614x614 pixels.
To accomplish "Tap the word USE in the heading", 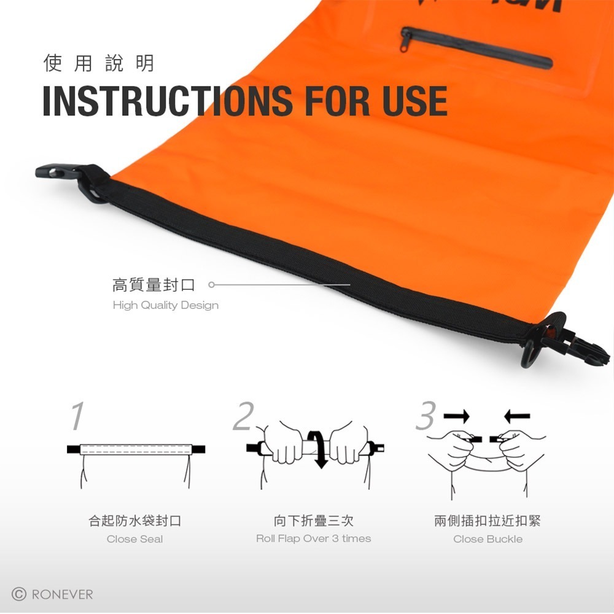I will click(x=414, y=101).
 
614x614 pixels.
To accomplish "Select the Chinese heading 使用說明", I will click(x=98, y=63).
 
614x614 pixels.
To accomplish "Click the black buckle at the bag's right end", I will click(x=568, y=344).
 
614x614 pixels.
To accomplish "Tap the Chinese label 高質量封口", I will click(x=153, y=285).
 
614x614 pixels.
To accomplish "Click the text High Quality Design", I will click(x=165, y=305).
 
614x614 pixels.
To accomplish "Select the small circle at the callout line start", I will click(x=211, y=285).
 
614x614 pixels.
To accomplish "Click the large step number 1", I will click(x=76, y=417).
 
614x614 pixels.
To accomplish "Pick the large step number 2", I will click(x=243, y=417).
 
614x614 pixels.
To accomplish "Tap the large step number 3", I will click(x=426, y=417).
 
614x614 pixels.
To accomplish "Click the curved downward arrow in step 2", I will click(x=318, y=448).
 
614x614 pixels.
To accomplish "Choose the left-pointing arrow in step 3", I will click(x=516, y=418).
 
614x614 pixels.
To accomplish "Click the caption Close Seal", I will click(x=134, y=539).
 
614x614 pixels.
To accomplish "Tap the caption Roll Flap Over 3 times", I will click(x=313, y=538).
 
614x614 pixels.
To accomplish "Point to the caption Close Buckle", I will click(x=488, y=539).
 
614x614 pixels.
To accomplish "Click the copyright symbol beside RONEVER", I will click(x=20, y=594).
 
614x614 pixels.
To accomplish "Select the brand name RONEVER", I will click(x=62, y=594).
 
